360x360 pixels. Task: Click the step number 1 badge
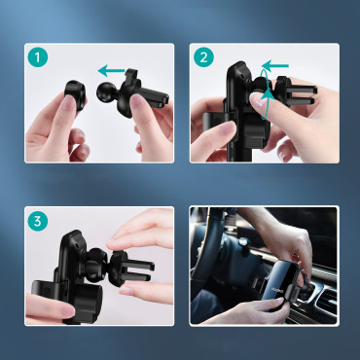tap(37, 57)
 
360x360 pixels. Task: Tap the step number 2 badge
tap(204, 57)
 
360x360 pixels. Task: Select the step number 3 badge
tap(37, 221)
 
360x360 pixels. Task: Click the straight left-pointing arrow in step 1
tap(114, 69)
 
